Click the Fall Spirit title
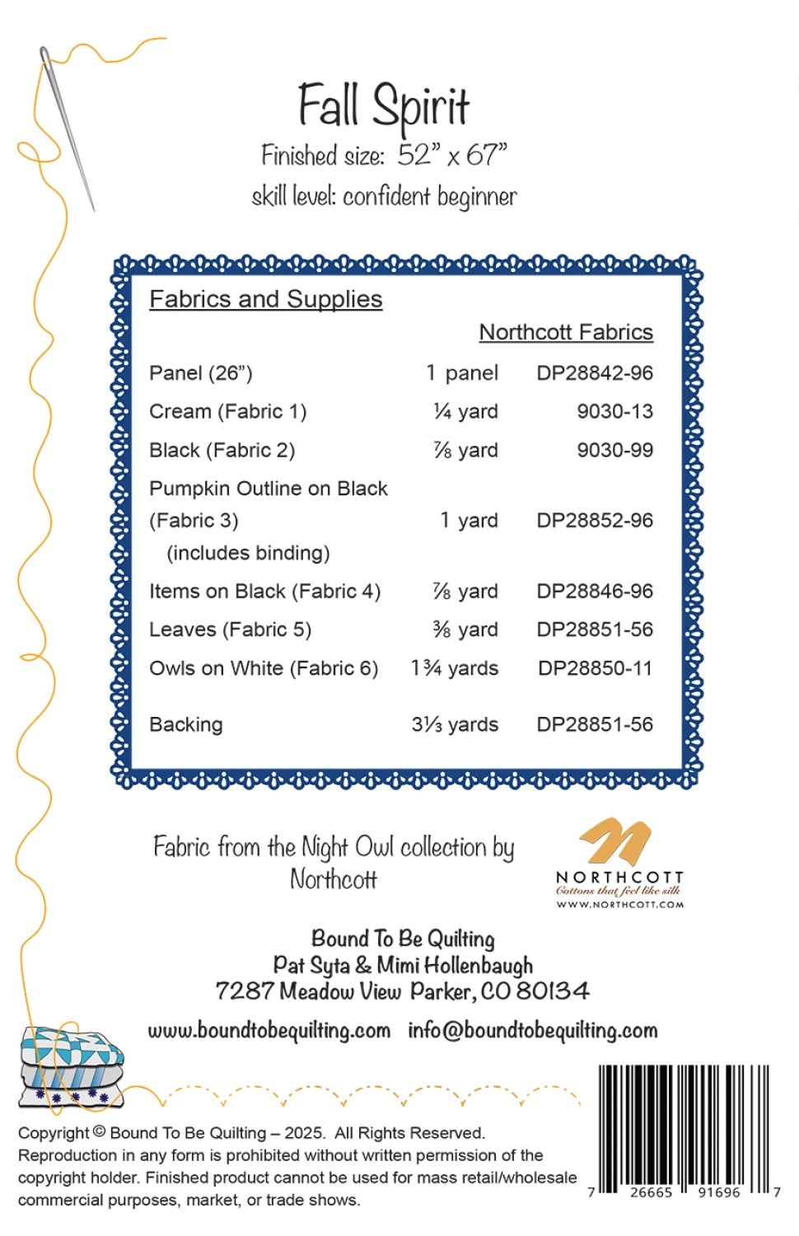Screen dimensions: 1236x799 [x=383, y=107]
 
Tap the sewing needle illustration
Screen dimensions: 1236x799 [x=68, y=128]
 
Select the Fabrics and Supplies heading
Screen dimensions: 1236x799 [x=265, y=299]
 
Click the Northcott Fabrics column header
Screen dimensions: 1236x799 [x=566, y=332]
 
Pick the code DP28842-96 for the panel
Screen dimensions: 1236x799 [x=595, y=373]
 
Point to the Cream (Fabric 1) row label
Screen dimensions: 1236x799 [x=227, y=411]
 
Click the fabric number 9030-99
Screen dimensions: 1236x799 [x=614, y=450]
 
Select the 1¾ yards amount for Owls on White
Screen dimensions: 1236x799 [x=455, y=668]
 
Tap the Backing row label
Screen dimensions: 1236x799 [x=185, y=724]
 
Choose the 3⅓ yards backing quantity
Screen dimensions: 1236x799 [x=455, y=724]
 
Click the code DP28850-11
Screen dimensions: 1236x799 [x=595, y=668]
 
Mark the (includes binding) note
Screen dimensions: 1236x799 [x=248, y=553]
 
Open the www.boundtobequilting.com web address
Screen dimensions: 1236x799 [x=269, y=1031]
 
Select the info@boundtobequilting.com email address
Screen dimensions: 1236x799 [x=533, y=1031]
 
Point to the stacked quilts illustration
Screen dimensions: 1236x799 [x=72, y=1066]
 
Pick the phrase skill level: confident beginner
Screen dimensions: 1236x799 [x=384, y=197]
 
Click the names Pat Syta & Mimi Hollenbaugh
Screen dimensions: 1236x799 [x=403, y=965]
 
